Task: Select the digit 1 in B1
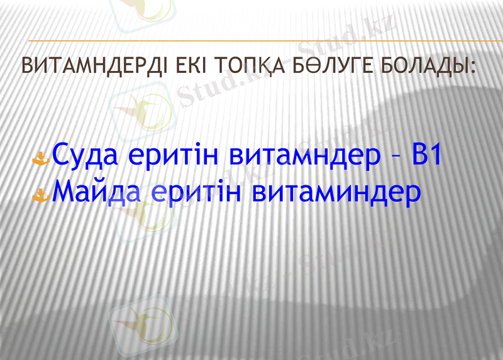436,155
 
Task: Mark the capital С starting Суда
62,155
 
